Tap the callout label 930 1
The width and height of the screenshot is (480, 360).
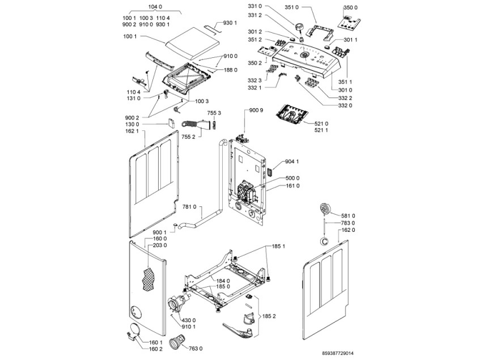(230, 23)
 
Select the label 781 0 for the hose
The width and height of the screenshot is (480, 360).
(188, 207)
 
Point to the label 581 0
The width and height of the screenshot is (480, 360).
(348, 215)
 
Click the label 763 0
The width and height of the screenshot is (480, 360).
(196, 348)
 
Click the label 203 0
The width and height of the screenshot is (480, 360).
(161, 245)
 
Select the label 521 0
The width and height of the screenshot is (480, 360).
(321, 124)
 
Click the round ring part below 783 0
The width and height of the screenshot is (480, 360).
(325, 240)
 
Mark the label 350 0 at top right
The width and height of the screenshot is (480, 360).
(351, 7)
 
